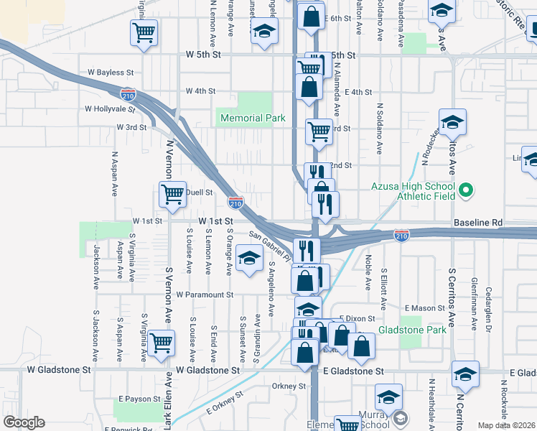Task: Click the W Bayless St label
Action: coord(111,73)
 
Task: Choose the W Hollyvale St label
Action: coord(110,109)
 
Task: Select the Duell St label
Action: coord(200,193)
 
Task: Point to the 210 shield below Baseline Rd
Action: coord(402,236)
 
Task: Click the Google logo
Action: coord(24,422)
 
